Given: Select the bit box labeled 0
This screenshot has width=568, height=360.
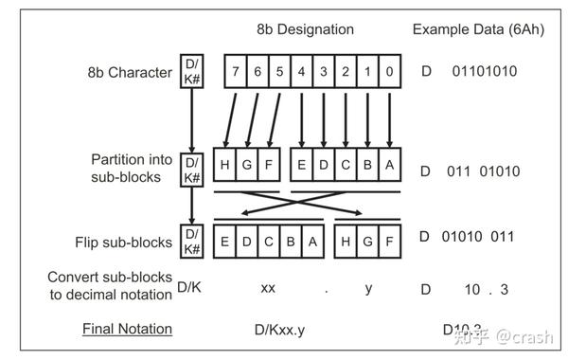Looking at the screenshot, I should point(391,69).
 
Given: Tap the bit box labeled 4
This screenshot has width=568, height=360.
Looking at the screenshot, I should point(302,69).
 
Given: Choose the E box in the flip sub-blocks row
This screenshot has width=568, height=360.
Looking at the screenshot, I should point(224,242).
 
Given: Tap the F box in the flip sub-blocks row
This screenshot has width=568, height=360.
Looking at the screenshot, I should point(391,242).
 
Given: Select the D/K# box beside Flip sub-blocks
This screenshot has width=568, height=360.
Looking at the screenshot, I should point(192,241).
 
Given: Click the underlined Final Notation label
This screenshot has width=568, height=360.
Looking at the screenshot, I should point(127,329).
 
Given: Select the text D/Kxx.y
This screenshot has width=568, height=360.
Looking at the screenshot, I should point(287,329).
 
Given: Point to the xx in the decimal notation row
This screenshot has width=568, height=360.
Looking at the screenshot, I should point(268,288).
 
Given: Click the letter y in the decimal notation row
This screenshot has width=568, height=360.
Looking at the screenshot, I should point(369,288).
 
